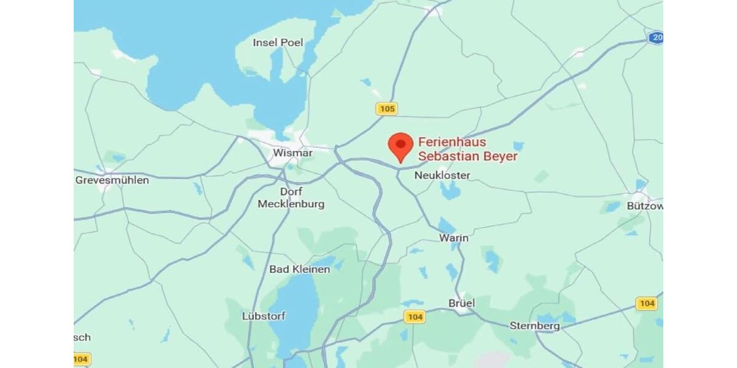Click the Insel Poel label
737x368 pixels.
coord(278,42)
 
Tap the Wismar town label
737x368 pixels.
coord(293,153)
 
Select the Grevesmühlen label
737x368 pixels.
coord(112,180)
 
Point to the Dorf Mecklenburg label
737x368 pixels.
coord(291,197)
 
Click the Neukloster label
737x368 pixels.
coord(442,175)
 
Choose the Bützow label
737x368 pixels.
coord(644,206)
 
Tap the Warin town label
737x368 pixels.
coord(454,238)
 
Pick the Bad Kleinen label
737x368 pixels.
coord(300,269)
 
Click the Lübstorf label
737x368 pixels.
coord(264,316)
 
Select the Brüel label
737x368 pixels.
coord(462,303)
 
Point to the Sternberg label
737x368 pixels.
coord(535,326)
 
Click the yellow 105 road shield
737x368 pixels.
coord(387,109)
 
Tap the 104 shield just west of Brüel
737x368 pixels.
coord(415,316)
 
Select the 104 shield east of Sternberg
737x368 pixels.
coord(646,303)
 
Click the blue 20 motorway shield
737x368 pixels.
coord(657,38)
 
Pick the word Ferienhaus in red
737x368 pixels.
coord(451,142)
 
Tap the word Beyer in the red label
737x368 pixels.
coord(501,156)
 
